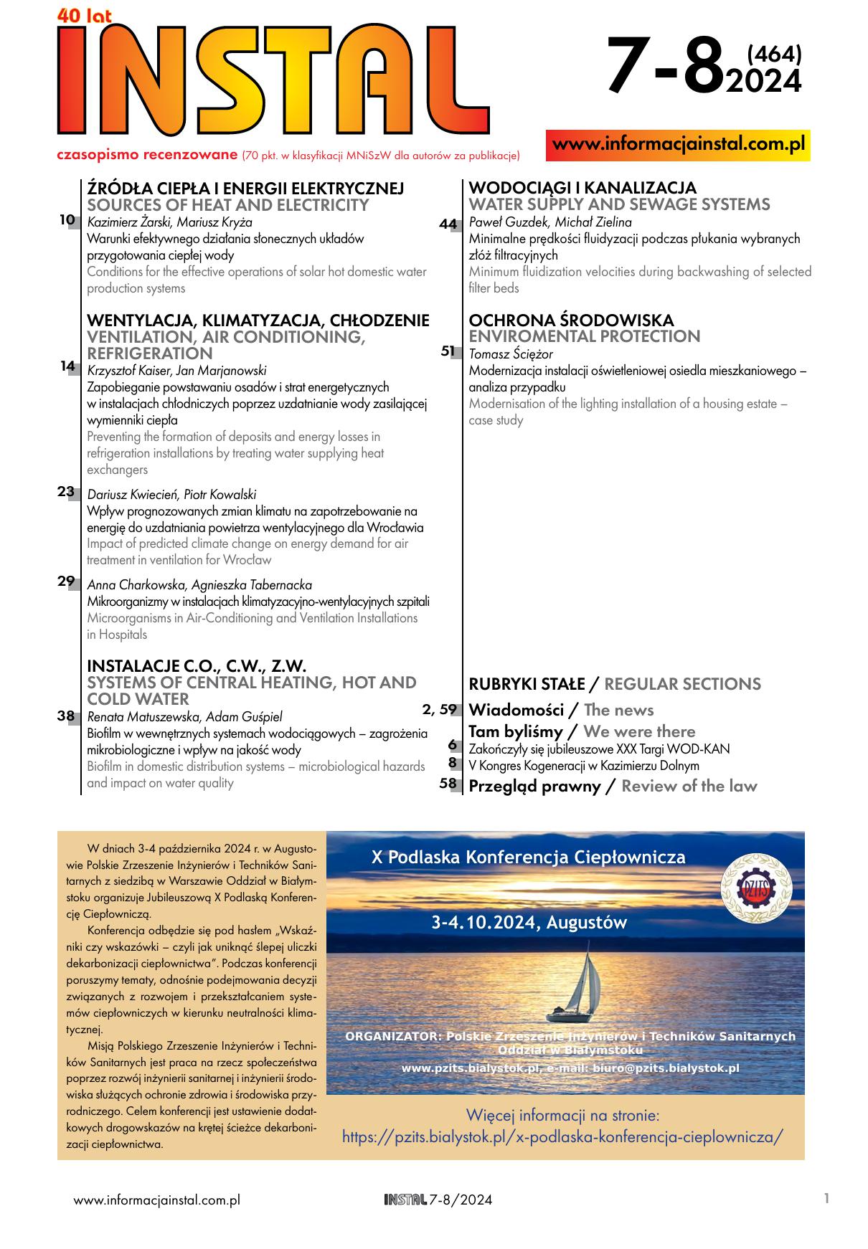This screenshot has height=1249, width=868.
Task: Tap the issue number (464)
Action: (x=773, y=54)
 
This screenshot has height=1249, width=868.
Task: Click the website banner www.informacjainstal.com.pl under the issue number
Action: (x=678, y=144)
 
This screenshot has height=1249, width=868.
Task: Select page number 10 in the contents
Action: (x=67, y=220)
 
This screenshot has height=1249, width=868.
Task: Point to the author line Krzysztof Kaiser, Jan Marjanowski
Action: (x=176, y=371)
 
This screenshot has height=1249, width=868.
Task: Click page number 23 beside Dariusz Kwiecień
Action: (x=66, y=492)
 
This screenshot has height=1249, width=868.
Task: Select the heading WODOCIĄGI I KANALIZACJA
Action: (x=582, y=188)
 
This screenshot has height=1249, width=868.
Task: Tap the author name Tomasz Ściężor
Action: (x=510, y=354)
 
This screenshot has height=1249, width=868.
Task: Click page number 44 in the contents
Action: (x=448, y=224)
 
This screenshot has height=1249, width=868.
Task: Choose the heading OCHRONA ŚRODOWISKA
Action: (x=571, y=320)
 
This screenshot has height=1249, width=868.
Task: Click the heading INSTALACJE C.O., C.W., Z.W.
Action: (x=197, y=666)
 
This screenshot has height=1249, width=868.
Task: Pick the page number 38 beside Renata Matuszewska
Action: (x=66, y=716)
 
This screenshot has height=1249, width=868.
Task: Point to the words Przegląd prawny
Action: (x=534, y=786)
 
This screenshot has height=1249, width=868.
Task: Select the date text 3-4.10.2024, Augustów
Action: (x=529, y=923)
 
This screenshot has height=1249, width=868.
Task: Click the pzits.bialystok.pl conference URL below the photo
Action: (x=562, y=1136)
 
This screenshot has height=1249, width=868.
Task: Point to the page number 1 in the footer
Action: (x=827, y=1198)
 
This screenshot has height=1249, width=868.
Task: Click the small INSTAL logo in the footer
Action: (x=405, y=1200)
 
